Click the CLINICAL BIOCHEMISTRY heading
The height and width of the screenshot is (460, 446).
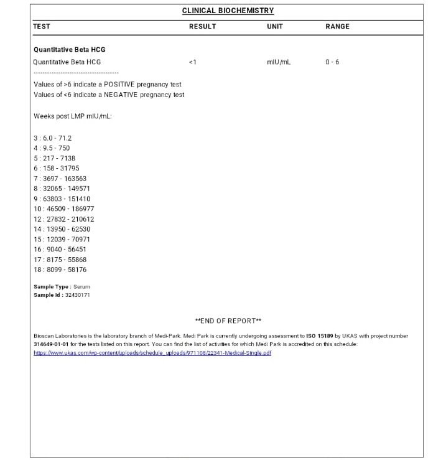(228, 11)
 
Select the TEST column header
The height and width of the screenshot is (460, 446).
(42, 27)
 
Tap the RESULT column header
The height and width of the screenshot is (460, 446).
(202, 27)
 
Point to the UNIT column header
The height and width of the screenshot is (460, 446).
(274, 27)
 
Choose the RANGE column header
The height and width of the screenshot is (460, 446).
(337, 27)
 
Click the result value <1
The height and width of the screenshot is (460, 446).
(192, 62)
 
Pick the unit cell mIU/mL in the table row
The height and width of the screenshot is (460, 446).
(278, 62)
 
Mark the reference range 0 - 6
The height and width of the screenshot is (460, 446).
(332, 62)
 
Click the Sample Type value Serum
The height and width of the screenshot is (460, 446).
(81, 287)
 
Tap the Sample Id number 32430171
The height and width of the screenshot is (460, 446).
(78, 295)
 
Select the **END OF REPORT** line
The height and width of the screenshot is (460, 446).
(228, 321)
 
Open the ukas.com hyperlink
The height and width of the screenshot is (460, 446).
(152, 353)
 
